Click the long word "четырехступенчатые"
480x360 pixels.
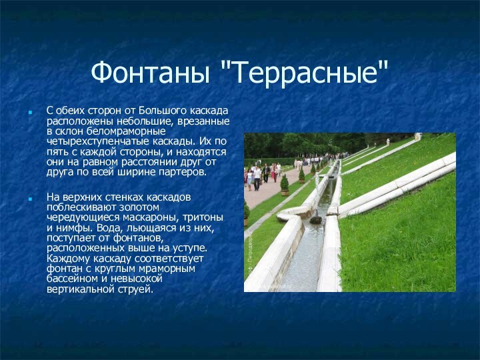pyautogui.click(x=95, y=141)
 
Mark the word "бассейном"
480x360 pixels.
pyautogui.click(x=73, y=279)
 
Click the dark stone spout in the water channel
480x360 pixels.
pyautogui.click(x=315, y=219)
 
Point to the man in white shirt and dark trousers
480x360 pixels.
pyautogui.click(x=257, y=177)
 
